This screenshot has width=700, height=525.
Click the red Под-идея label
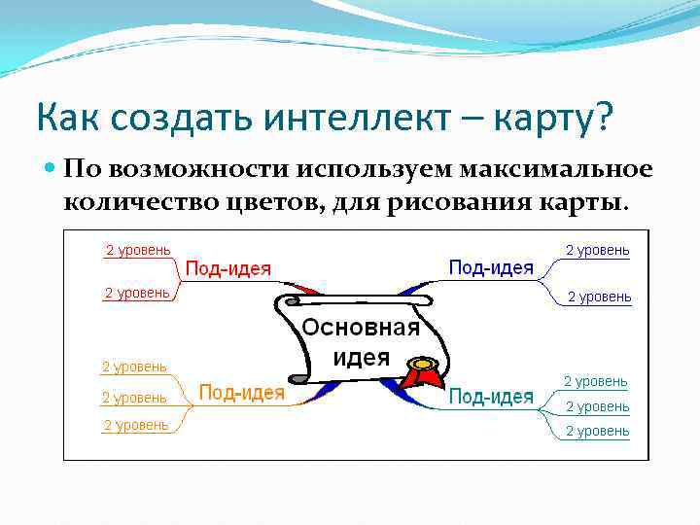227,269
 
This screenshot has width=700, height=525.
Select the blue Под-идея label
491,267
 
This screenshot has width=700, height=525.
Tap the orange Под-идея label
241,393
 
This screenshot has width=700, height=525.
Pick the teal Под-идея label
491,396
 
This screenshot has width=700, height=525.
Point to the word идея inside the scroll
361,357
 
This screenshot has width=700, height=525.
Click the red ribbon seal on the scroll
421,375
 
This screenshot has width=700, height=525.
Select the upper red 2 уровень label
138,250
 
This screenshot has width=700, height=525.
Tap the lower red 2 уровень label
137,293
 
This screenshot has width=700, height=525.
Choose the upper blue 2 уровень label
597,250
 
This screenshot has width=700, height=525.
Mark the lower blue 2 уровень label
599,297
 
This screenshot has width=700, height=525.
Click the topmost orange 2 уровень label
134,367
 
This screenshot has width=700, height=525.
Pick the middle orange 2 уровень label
134,398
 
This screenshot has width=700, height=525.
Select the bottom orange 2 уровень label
136,425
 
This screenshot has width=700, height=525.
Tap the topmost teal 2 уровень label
595,382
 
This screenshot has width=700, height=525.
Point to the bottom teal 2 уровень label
597,431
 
